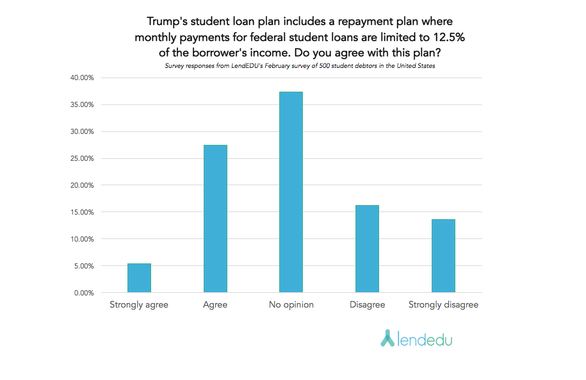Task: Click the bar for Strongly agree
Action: coord(139,278)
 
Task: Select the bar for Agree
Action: coord(215,219)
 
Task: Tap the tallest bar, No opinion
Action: coord(291,192)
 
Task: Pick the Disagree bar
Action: coord(367,249)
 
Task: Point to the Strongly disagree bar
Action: coord(443,256)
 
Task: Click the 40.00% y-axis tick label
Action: coord(80,78)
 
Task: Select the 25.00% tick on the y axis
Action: coord(80,158)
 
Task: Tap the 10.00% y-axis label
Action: coord(80,239)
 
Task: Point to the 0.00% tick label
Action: coord(82,293)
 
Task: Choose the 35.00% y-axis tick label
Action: coord(80,104)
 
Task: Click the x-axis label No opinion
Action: coord(291,305)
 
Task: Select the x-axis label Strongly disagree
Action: coord(443,305)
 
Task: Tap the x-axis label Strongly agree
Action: coord(139,305)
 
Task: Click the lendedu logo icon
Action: coord(387,338)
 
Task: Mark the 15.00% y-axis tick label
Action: coord(80,212)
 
